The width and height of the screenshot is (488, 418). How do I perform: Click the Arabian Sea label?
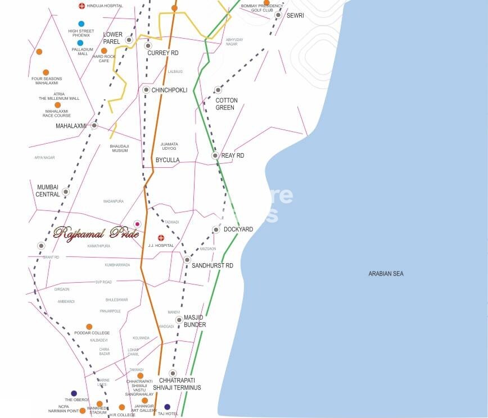(x=386, y=274)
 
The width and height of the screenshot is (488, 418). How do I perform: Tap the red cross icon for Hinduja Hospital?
(x=82, y=6)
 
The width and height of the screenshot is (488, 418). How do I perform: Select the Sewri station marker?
(x=278, y=15)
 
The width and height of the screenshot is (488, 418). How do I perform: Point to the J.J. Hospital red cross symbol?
(x=161, y=238)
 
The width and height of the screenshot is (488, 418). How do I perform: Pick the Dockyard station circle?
(x=216, y=229)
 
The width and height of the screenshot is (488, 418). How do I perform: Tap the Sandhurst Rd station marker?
(x=187, y=260)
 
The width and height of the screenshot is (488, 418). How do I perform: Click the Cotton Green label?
(x=227, y=104)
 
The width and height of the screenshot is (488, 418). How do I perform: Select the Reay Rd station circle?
(x=215, y=155)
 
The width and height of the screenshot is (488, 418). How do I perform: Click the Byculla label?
(x=168, y=160)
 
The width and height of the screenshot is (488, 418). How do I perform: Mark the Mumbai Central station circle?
(x=66, y=191)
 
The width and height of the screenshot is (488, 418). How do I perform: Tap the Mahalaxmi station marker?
(x=94, y=125)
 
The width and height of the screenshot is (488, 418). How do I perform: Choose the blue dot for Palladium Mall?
(x=80, y=43)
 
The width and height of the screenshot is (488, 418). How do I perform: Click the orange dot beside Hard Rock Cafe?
(x=104, y=50)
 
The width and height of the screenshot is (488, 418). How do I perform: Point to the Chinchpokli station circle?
(x=146, y=90)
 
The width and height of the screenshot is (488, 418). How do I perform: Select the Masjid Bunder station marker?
(x=179, y=320)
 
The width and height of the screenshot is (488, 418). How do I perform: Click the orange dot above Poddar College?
(x=89, y=327)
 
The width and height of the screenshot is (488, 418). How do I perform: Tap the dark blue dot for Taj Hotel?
(x=167, y=407)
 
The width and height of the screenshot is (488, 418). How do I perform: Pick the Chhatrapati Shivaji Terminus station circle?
(x=173, y=373)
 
